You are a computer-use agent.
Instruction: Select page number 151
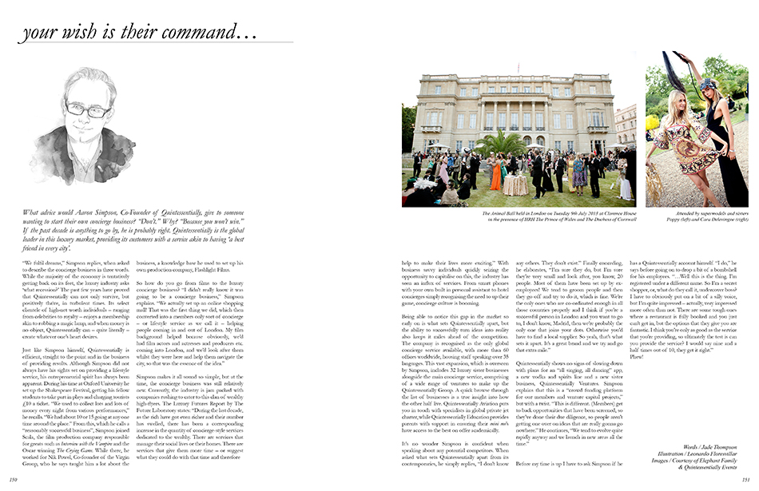(746, 480)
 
